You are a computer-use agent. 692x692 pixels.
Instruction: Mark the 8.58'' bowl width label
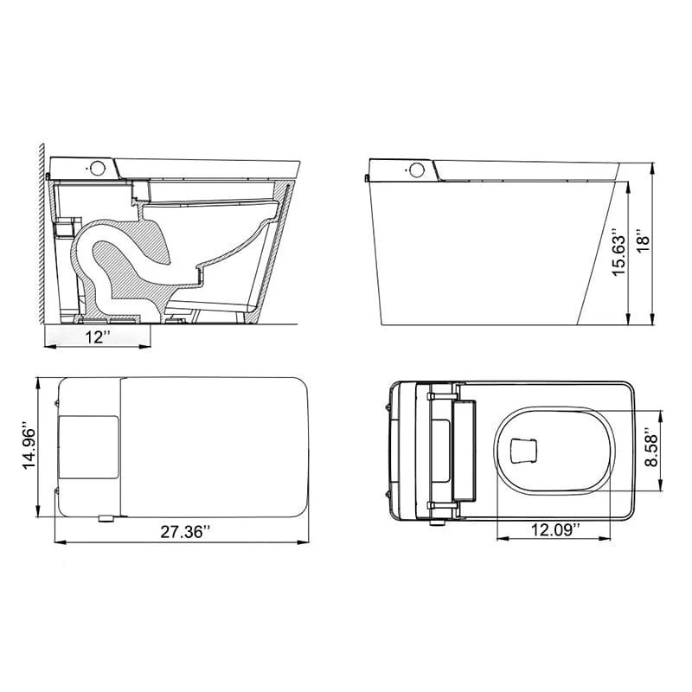pos(650,449)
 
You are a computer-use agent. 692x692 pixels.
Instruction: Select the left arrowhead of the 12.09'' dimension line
pos(500,537)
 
